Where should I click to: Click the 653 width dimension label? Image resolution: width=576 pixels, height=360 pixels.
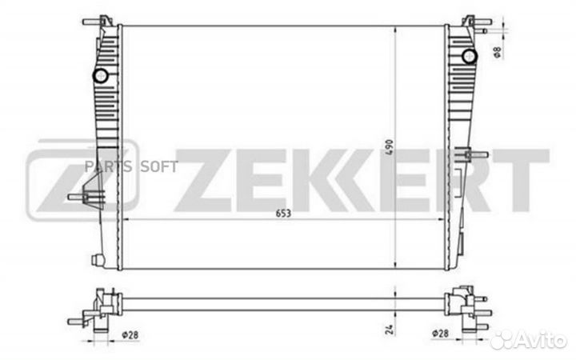point(283,213)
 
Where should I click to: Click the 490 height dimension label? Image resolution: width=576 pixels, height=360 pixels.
point(390,147)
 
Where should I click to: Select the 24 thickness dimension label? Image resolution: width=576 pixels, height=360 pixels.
point(390,329)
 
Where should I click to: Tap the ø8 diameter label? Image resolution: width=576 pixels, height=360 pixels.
point(497,52)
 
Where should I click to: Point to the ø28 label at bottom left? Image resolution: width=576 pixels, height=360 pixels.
point(130,334)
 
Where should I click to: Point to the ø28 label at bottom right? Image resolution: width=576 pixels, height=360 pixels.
point(440,333)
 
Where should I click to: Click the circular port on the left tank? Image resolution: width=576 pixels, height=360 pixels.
point(100,76)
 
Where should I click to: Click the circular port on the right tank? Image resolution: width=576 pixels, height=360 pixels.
point(469,56)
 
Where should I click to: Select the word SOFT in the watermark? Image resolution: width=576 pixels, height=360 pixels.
point(159,166)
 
